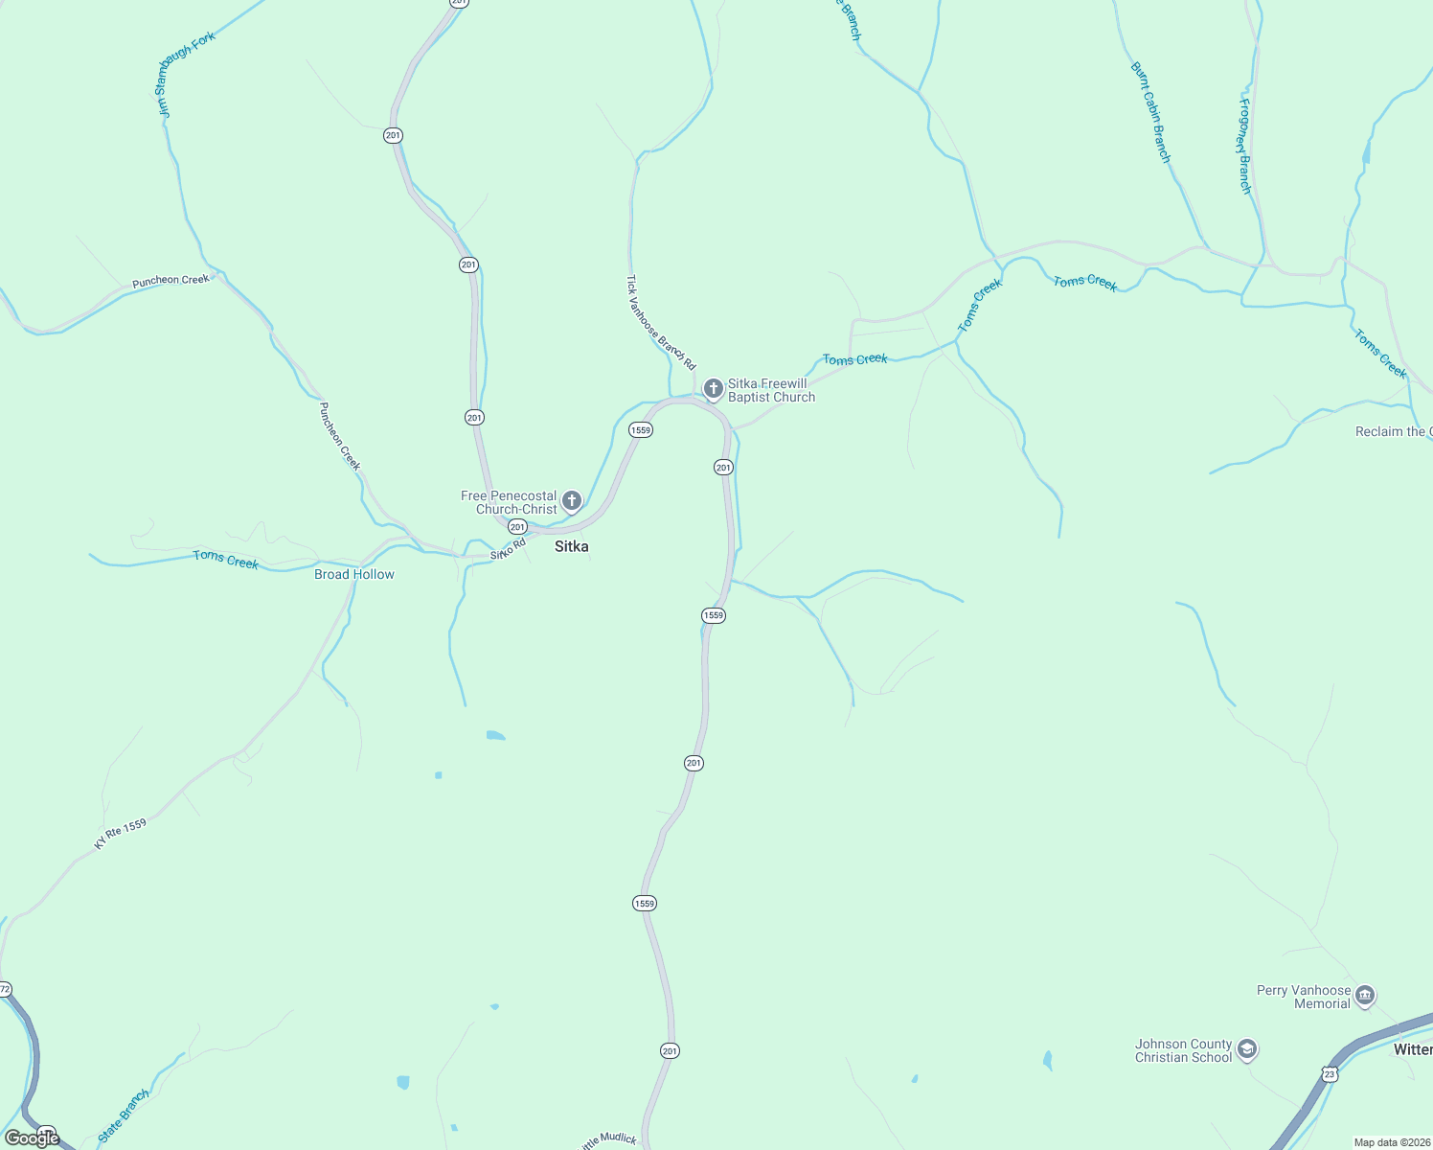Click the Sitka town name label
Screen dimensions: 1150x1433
(572, 546)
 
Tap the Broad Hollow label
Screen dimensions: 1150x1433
(354, 574)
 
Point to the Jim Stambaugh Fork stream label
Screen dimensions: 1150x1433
(186, 75)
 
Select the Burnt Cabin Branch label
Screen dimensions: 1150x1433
(1150, 112)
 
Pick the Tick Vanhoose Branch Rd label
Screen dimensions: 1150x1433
(660, 323)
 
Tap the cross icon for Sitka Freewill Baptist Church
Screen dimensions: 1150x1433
(713, 389)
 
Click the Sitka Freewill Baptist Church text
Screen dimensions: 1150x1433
(771, 390)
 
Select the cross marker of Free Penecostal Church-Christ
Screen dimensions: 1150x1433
(572, 500)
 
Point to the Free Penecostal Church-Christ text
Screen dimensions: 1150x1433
(509, 502)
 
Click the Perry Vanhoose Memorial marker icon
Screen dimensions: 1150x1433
(1366, 996)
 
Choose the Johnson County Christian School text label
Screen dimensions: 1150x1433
(1183, 1050)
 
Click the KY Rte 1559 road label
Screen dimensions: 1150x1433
(121, 834)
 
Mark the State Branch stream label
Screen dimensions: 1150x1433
(124, 1116)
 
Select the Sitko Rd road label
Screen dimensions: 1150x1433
(509, 549)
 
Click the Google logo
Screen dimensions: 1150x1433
(33, 1138)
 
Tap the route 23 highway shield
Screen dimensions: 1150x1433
(1330, 1075)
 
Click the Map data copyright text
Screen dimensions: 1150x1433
(1392, 1142)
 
